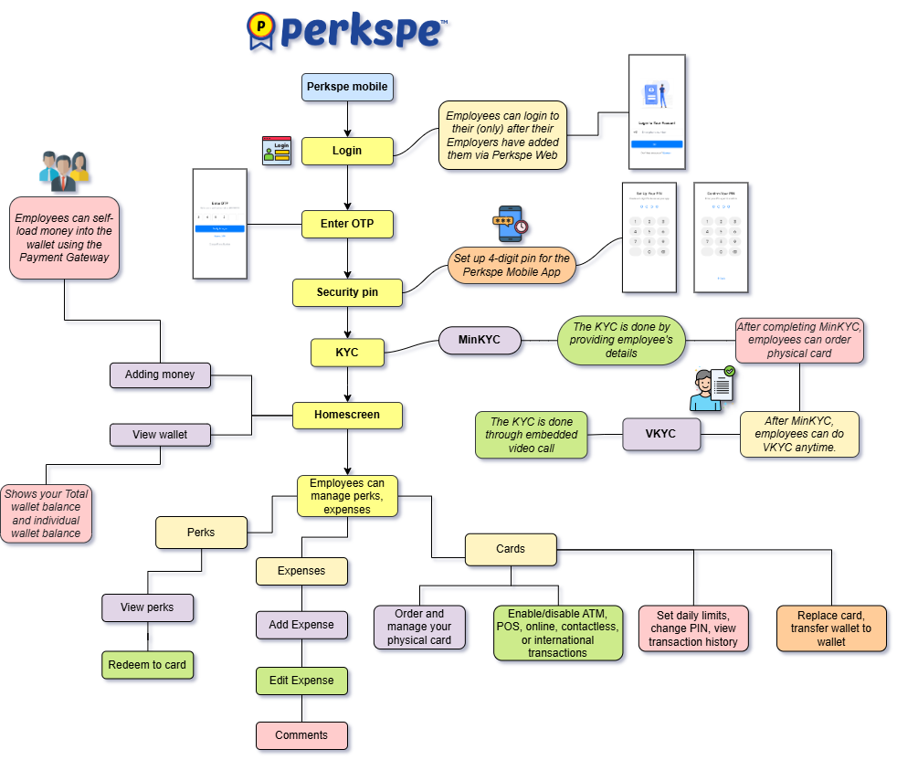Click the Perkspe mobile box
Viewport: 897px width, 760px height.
coord(347,87)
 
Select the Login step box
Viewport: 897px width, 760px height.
coord(347,151)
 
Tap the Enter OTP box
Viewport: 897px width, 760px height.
coord(347,224)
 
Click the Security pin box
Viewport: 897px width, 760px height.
coord(347,292)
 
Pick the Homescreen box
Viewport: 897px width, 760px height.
coord(347,415)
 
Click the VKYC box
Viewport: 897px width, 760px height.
coord(661,434)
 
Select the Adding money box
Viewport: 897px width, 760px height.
coord(160,375)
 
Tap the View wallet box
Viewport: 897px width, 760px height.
coord(160,435)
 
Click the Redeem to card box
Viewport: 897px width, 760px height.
coord(147,665)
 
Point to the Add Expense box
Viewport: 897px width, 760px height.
coord(301,625)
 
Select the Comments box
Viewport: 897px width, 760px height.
coord(301,735)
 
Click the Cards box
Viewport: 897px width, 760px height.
coord(511,549)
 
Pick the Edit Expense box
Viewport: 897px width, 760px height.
coord(301,681)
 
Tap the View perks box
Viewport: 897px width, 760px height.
coord(147,607)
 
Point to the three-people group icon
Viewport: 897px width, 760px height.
coord(64,171)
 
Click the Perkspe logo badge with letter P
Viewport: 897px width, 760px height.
coord(261,30)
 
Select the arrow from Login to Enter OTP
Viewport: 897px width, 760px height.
coord(347,187)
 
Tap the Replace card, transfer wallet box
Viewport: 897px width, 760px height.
coord(831,628)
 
